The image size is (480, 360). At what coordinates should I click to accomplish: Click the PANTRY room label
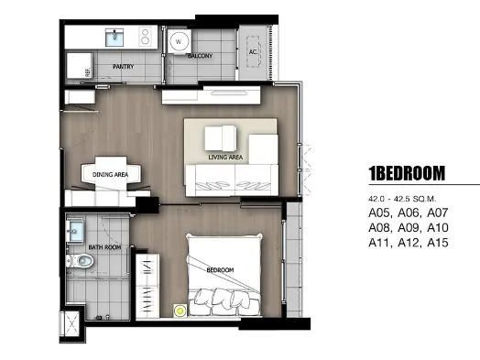(124, 67)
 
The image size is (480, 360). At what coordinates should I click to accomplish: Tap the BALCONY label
(200, 56)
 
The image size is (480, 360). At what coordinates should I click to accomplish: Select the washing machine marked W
(179, 41)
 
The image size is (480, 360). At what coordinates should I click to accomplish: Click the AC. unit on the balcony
(253, 51)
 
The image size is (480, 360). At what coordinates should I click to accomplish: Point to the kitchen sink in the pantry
(115, 38)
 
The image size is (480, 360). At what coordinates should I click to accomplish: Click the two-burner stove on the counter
(145, 37)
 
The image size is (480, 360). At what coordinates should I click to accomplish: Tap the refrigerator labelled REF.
(80, 66)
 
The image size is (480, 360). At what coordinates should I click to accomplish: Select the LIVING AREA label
(225, 157)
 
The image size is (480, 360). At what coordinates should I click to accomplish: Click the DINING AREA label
(110, 174)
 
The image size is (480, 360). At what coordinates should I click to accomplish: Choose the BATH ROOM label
(104, 247)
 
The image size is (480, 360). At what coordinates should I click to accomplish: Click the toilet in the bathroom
(80, 261)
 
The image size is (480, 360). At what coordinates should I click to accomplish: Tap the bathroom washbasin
(75, 230)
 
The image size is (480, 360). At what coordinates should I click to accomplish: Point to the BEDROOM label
(220, 270)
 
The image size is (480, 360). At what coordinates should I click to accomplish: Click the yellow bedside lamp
(180, 311)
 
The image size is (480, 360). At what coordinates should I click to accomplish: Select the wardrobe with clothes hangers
(147, 286)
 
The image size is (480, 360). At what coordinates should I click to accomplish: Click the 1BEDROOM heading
(407, 173)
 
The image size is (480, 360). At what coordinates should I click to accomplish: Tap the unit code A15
(438, 243)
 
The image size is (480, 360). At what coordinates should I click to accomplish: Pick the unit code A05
(378, 213)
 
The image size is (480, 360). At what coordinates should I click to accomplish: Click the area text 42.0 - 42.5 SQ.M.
(402, 199)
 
